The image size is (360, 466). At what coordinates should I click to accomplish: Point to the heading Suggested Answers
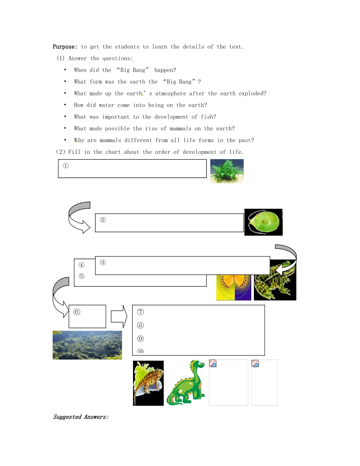pos(81,417)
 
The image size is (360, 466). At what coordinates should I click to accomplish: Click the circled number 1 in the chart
pos(66,166)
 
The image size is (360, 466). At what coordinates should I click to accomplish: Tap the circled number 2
pos(103,220)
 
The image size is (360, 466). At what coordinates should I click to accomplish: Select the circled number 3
pos(103,262)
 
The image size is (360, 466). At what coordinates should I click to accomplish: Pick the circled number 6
pos(77,312)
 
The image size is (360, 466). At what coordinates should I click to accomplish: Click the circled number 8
pos(140,325)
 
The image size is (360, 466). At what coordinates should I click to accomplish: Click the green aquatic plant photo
pos(227,171)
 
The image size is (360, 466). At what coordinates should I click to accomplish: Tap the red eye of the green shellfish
pos(263,221)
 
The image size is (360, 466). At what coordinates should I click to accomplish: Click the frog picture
pos(275,280)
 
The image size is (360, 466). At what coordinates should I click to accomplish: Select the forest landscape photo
pos(87,345)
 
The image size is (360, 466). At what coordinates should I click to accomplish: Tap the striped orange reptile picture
pos(148,383)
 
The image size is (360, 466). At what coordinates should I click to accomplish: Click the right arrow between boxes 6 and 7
pos(119,316)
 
